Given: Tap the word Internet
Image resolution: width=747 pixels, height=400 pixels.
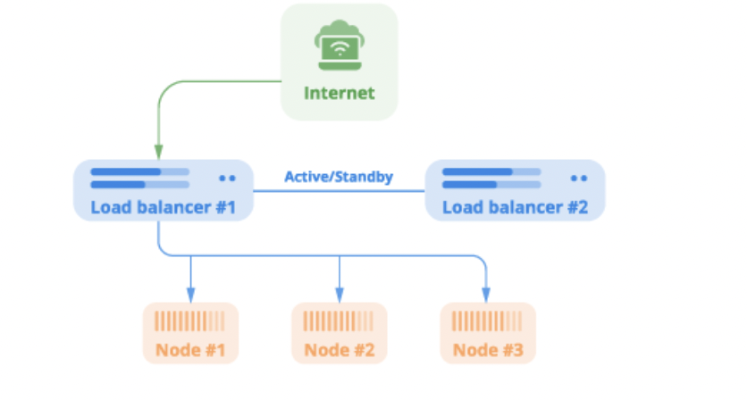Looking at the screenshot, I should [x=339, y=93].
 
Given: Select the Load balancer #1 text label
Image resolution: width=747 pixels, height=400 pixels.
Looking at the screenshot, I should [x=163, y=208].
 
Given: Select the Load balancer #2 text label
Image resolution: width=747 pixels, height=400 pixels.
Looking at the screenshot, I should [x=516, y=208].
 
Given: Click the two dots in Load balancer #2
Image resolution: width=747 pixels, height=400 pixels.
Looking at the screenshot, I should [x=580, y=179].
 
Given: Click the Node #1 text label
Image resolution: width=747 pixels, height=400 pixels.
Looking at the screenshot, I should [x=190, y=348].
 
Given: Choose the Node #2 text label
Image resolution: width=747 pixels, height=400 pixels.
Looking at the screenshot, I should [x=339, y=348].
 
